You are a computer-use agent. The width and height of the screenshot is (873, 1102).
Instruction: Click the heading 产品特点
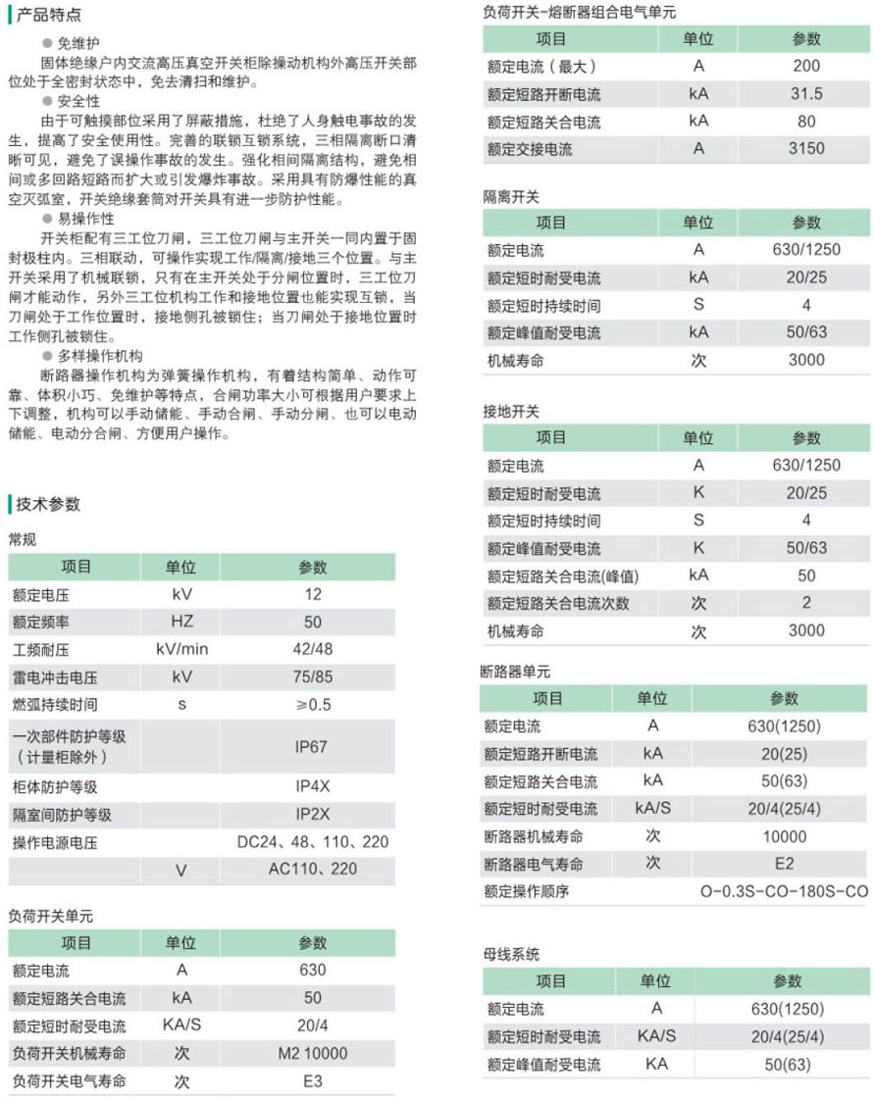tap(49, 16)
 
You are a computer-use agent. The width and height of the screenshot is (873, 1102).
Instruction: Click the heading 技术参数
tap(49, 505)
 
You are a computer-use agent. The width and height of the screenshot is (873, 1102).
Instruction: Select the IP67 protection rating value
tap(311, 746)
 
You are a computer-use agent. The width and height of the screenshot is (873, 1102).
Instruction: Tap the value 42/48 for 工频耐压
tap(312, 649)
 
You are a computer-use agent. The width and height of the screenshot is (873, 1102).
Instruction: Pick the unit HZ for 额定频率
tap(181, 622)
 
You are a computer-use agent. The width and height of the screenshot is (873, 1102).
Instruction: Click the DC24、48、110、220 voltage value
tap(313, 842)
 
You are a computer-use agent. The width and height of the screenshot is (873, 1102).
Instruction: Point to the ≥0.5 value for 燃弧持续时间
tap(313, 704)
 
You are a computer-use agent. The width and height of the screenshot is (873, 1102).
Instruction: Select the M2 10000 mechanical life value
tap(312, 1053)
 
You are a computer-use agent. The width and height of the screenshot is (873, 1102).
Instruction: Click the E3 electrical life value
tap(312, 1081)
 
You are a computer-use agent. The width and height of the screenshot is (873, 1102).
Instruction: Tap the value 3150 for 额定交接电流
tap(806, 149)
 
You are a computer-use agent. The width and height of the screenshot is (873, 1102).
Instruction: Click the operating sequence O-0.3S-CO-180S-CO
tap(784, 892)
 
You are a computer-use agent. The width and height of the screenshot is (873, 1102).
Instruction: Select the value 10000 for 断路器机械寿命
tap(784, 836)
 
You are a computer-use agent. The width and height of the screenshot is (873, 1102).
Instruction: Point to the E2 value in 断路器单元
tap(784, 864)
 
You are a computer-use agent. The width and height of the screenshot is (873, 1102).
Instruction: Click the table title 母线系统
tap(511, 954)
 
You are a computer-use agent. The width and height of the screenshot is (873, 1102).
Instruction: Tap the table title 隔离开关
tap(511, 196)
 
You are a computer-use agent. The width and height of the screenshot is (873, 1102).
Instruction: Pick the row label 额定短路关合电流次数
tap(558, 604)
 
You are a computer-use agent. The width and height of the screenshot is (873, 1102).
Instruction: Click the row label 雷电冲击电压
tap(55, 676)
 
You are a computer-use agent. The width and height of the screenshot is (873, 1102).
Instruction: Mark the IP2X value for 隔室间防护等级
tap(312, 815)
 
